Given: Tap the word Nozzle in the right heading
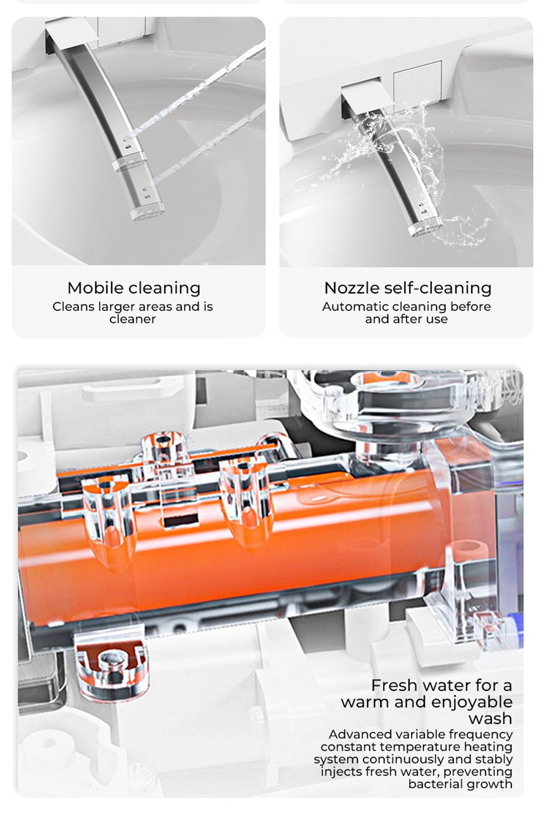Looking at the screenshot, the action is pyautogui.click(x=352, y=288).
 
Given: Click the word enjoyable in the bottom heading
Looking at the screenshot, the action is pyautogui.click(x=472, y=703).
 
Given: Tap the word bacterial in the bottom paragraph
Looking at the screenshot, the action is pyautogui.click(x=432, y=784).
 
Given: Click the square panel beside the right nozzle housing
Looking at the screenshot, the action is pyautogui.click(x=417, y=82).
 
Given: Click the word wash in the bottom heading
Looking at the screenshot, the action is pyautogui.click(x=490, y=718).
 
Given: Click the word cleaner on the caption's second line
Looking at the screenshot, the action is pyautogui.click(x=133, y=319).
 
